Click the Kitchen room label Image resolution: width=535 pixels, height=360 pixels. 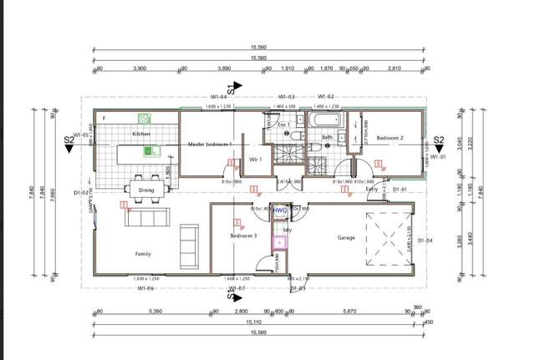click(x=140, y=134)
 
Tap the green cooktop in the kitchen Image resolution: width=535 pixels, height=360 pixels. click(x=143, y=119)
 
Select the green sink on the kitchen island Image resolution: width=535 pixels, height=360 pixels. click(x=150, y=151)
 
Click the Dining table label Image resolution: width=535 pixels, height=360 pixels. click(x=146, y=190)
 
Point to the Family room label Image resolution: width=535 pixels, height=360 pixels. click(x=143, y=253)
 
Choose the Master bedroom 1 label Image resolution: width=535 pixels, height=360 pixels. click(x=209, y=144)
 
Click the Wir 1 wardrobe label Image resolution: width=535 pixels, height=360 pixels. click(x=256, y=159)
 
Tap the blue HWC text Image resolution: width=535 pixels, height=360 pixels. click(x=280, y=210)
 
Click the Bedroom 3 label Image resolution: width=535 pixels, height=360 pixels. click(x=243, y=236)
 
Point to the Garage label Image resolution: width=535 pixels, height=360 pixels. click(x=346, y=237)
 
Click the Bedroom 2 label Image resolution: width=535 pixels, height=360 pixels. click(x=390, y=137)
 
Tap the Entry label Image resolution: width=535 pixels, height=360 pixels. click(x=372, y=190)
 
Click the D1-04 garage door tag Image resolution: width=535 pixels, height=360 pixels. click(x=425, y=241)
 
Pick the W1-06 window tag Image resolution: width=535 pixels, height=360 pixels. click(x=147, y=288)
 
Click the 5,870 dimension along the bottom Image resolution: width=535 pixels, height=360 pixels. click(x=349, y=312)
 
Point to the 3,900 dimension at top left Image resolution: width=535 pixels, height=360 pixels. click(x=140, y=69)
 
